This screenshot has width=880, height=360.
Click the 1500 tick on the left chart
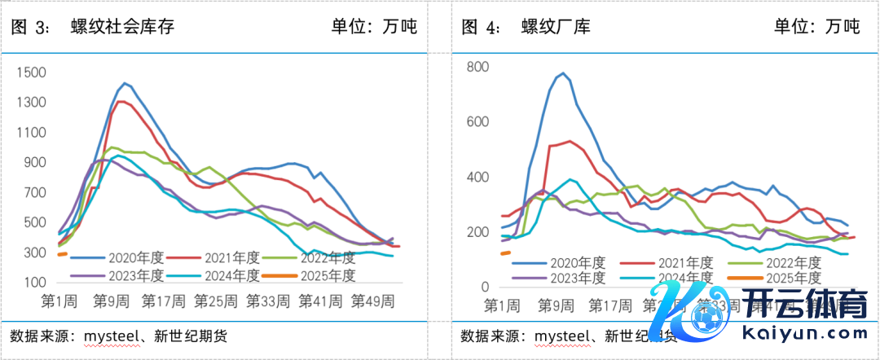tap(33, 73)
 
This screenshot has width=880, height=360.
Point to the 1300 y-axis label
tap(33, 103)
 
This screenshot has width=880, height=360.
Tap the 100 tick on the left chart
tap(36, 282)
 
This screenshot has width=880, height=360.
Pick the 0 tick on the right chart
tap(484, 288)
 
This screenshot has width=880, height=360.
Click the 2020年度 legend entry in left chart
tap(138, 257)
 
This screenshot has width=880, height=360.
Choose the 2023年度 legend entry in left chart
tap(138, 275)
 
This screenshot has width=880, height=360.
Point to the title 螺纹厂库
tap(556, 26)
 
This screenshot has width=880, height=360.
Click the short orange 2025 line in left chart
tap(62, 254)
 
